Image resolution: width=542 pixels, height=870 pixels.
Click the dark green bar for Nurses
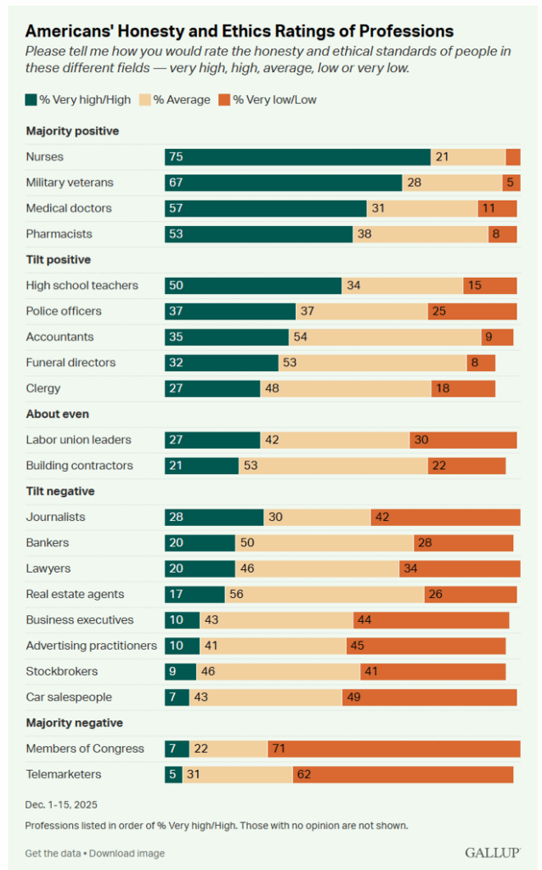click(x=297, y=157)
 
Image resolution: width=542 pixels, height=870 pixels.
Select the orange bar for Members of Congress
click(x=393, y=749)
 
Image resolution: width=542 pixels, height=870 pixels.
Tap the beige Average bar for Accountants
click(x=385, y=336)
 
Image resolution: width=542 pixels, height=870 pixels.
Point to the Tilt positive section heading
click(x=59, y=259)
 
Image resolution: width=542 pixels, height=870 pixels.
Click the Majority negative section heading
click(x=74, y=723)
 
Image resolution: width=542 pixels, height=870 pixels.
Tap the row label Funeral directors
click(x=71, y=363)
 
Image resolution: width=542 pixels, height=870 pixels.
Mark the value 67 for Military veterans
click(x=177, y=183)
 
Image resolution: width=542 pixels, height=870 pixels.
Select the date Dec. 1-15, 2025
click(x=61, y=803)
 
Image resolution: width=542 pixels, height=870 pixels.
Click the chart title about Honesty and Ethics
click(x=240, y=31)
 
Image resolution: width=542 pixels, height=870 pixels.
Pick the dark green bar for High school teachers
click(x=253, y=285)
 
